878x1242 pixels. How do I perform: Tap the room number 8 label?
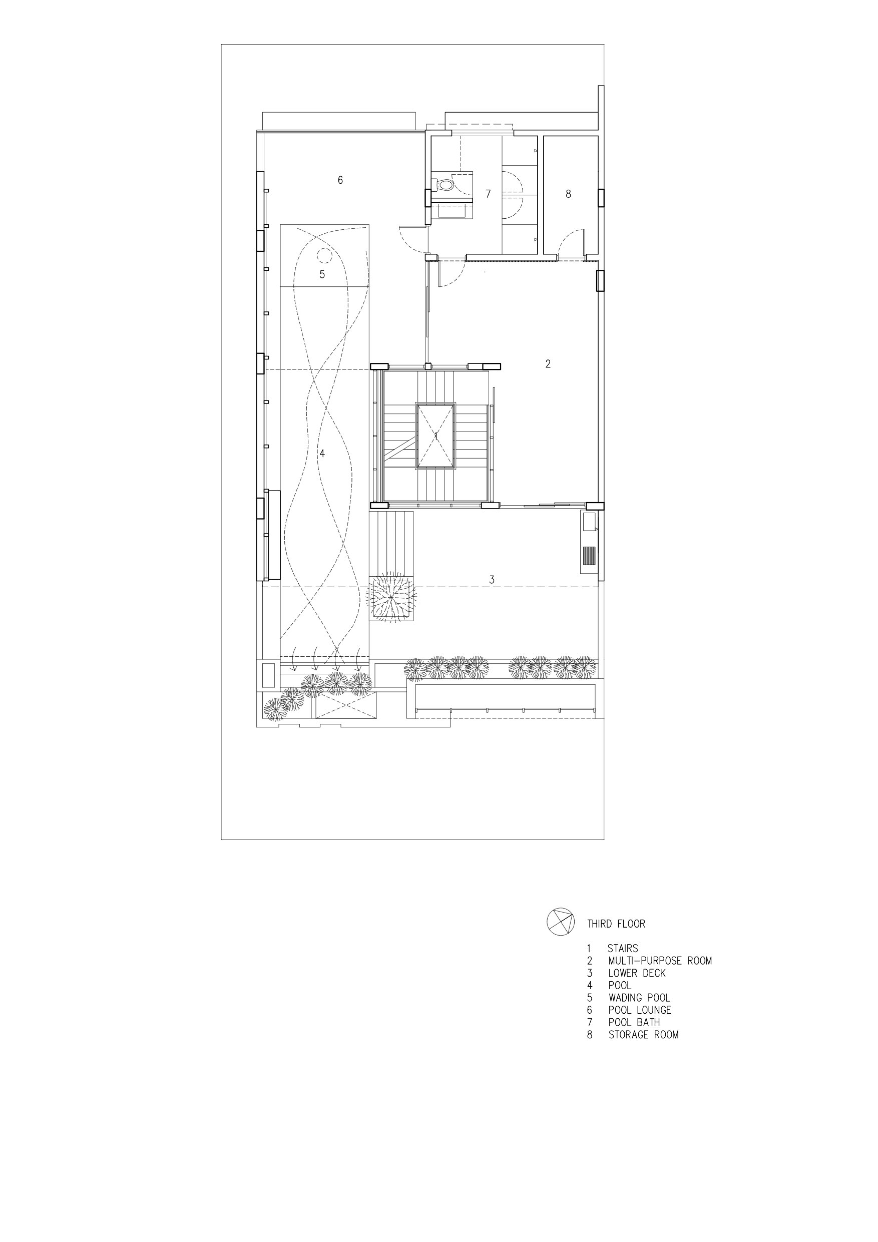[568, 194]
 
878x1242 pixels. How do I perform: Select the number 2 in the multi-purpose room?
[548, 364]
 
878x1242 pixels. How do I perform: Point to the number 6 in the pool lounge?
[340, 180]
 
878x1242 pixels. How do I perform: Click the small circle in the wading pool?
[324, 254]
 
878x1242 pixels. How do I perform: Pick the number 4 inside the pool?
[322, 454]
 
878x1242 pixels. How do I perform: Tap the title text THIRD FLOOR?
[616, 924]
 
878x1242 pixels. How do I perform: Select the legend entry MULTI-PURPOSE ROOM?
[660, 961]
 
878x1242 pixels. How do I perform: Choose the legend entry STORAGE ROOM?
[643, 1035]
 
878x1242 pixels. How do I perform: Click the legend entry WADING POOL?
[639, 998]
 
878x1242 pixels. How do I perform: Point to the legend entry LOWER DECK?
[637, 973]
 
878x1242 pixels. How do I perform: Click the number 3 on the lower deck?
[492, 579]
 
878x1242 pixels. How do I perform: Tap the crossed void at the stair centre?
[435, 436]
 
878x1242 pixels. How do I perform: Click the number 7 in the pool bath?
[488, 194]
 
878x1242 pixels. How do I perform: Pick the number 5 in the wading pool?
[322, 274]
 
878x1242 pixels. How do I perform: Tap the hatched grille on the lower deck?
[589, 556]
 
